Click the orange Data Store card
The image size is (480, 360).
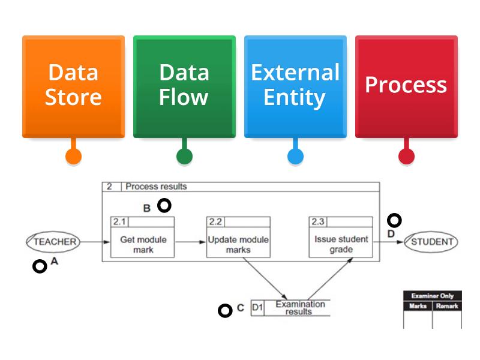tap(73, 86)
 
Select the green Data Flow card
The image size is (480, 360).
tap(184, 86)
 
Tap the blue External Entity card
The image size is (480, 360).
tap(295, 86)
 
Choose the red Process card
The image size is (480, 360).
tap(406, 86)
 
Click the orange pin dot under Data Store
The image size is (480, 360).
tap(73, 157)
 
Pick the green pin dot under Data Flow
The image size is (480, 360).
tap(184, 157)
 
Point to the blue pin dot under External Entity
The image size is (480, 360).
tap(295, 157)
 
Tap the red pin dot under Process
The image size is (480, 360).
tap(406, 157)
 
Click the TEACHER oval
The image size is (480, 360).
tap(53, 242)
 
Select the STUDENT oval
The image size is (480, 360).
tap(430, 242)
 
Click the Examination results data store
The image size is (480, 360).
tap(290, 308)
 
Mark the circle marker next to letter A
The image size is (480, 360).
tap(40, 266)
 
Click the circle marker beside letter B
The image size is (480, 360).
tap(164, 206)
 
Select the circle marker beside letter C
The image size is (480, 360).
tap(225, 310)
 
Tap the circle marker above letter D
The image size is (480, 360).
tap(394, 220)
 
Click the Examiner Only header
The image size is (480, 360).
tap(432, 296)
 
